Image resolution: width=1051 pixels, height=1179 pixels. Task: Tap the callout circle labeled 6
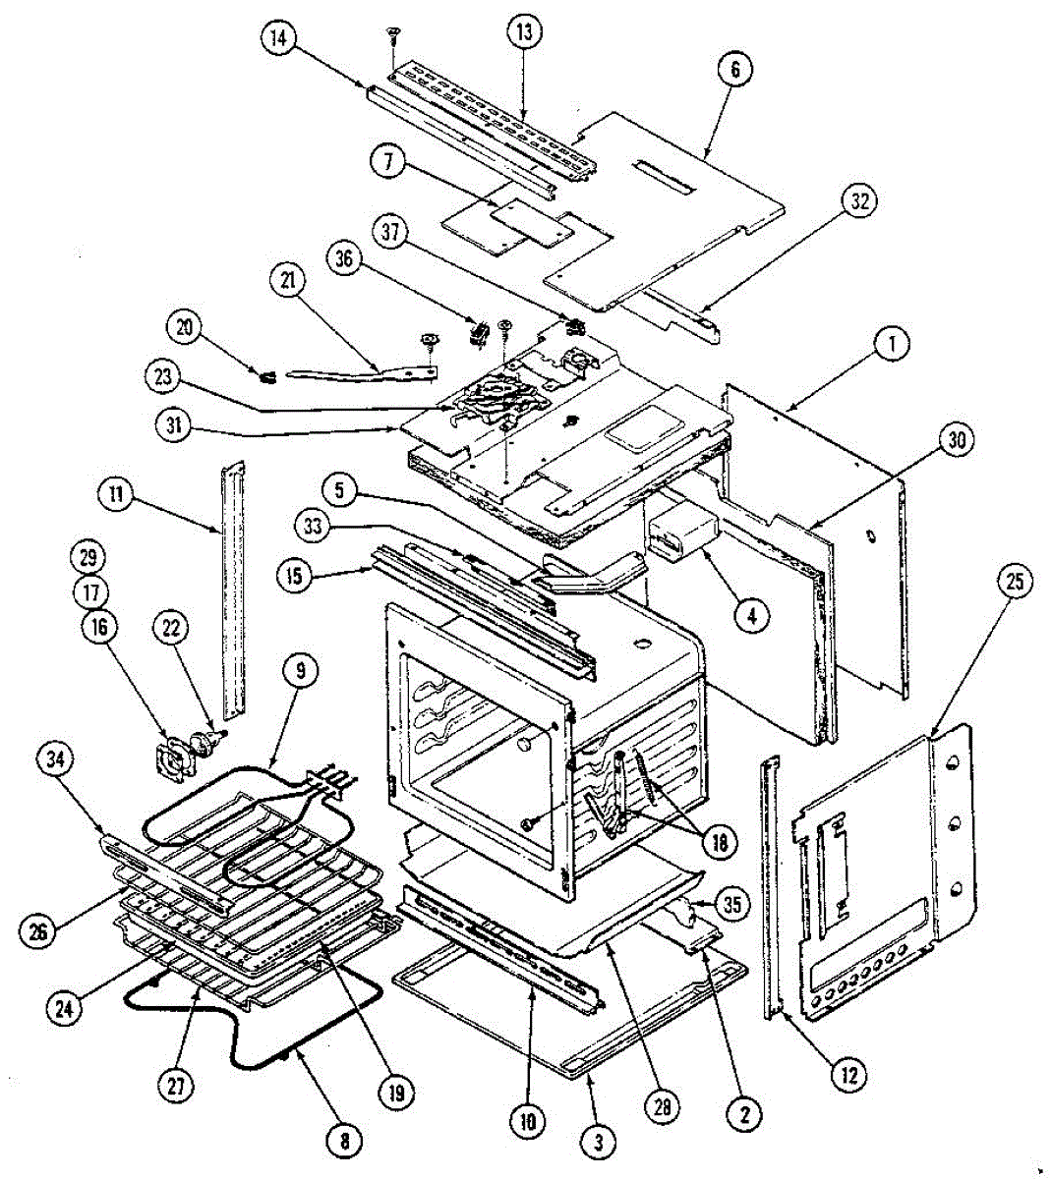coord(736,70)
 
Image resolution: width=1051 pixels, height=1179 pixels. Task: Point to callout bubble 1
coord(892,345)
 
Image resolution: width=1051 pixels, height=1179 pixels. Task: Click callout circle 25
coord(1014,582)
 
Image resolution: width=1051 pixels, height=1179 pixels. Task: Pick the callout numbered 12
coord(848,1076)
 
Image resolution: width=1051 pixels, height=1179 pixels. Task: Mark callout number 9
coord(301,672)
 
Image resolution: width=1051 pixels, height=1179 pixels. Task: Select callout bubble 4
coord(751,617)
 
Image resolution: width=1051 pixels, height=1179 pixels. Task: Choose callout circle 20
coord(182,327)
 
